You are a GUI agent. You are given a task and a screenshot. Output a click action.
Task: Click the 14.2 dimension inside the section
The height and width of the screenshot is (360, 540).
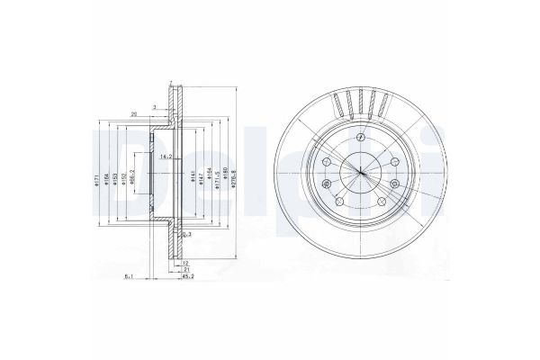166,157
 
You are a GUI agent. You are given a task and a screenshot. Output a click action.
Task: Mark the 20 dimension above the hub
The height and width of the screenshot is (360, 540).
134,114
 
